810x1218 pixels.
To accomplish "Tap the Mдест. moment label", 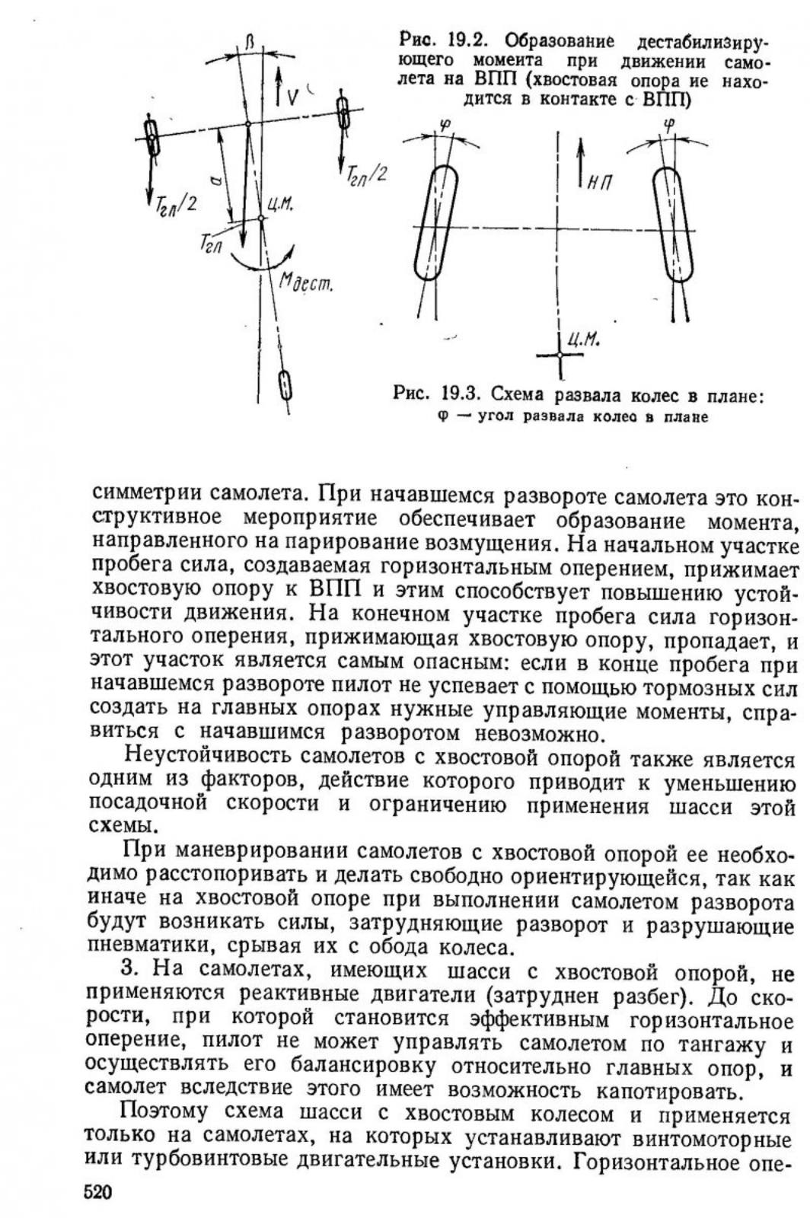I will click(305, 285).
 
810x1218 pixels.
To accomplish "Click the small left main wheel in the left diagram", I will click(151, 137).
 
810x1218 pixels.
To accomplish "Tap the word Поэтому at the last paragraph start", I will click(164, 1114).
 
